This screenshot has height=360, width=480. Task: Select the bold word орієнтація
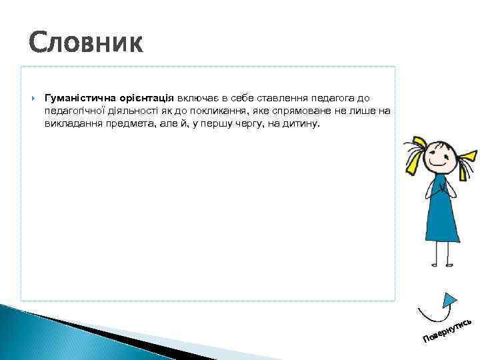(147, 97)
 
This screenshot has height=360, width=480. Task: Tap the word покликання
(205, 110)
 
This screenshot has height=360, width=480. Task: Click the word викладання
(72, 123)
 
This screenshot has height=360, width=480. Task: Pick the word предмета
(129, 123)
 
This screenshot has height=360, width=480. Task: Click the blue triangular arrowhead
(451, 300)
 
